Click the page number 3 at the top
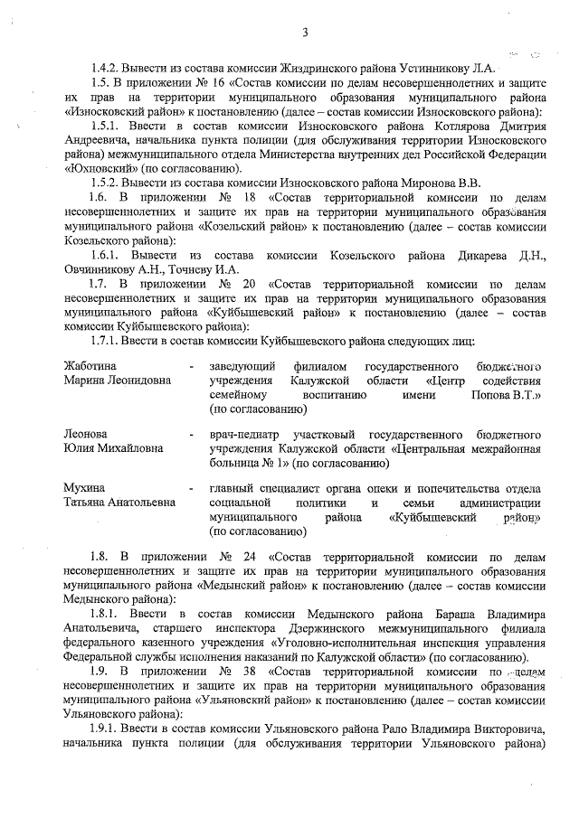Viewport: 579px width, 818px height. (x=306, y=33)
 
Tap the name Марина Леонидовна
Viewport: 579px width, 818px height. (x=117, y=381)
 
